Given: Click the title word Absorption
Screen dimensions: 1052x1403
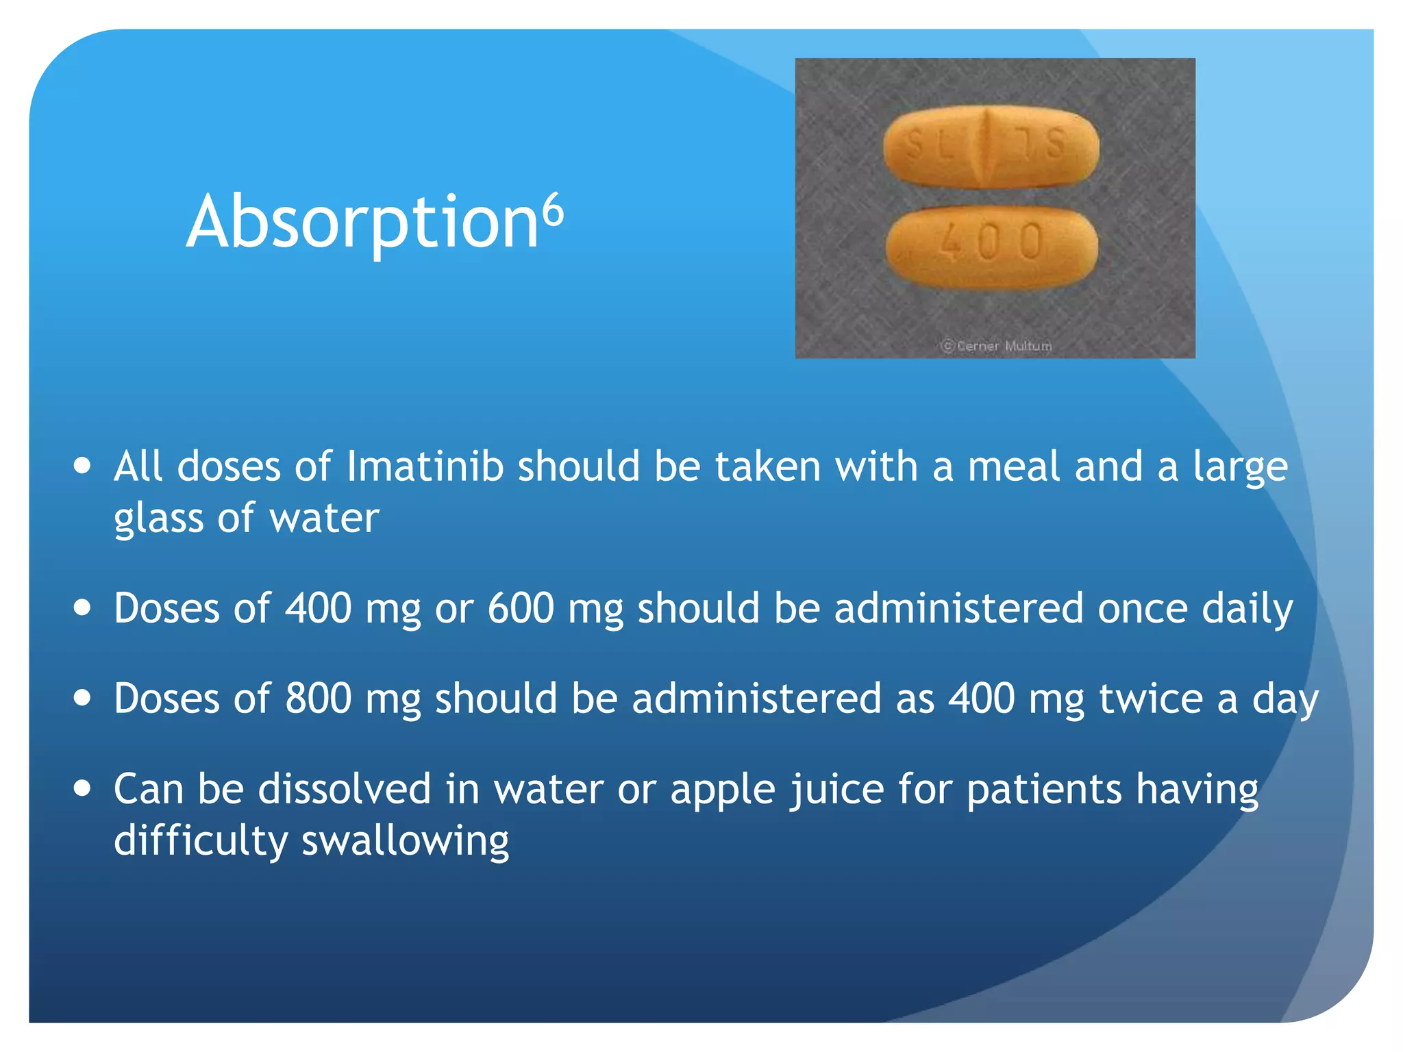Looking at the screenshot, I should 363,223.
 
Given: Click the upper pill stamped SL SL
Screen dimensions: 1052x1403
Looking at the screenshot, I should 991,147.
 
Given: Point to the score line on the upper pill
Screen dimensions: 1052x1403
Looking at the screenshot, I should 987,147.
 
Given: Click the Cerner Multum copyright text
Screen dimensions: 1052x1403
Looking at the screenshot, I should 997,346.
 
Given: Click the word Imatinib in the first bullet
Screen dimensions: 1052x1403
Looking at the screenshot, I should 425,467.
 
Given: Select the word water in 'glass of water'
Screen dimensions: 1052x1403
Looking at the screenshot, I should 324,518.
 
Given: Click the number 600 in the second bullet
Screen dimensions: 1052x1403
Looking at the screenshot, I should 521,608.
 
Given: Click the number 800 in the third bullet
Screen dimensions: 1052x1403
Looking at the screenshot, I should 319,699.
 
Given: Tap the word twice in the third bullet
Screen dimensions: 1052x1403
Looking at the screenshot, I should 1151,699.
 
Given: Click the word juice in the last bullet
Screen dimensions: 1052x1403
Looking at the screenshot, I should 837,790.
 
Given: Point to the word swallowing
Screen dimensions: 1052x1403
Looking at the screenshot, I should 406,841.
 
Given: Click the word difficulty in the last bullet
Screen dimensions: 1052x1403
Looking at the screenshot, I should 200,841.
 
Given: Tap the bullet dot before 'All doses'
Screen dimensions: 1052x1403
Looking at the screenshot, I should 83,466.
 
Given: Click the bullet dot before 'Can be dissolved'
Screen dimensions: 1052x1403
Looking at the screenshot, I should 83,788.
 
